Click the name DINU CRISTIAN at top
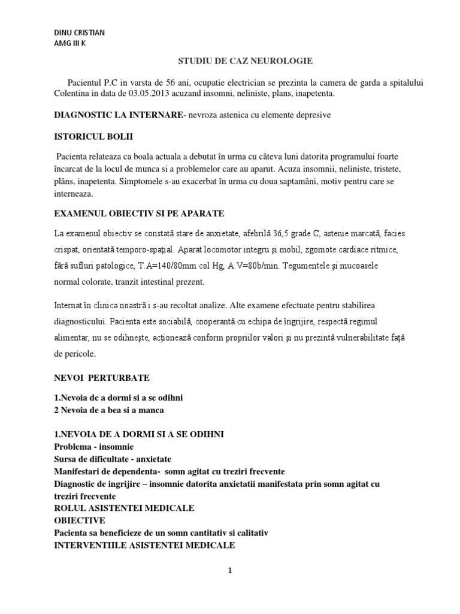coord(79,32)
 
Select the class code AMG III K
coord(69,43)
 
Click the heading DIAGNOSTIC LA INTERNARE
coord(117,114)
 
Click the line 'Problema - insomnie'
coord(94,447)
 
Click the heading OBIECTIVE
coord(80,520)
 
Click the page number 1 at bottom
coord(230,571)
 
